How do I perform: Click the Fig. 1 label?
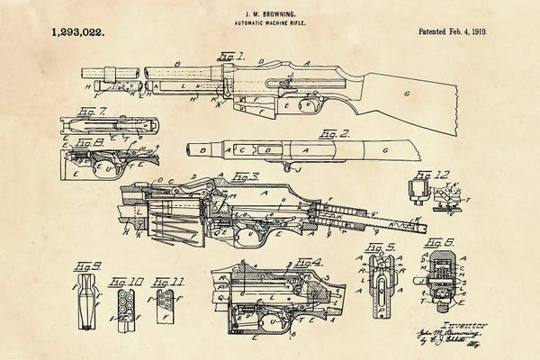(230, 56)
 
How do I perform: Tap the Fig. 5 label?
(382, 247)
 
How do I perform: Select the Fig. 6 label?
(438, 243)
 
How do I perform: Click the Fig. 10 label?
(124, 282)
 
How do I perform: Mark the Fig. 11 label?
(166, 282)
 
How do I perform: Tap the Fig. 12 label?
(436, 175)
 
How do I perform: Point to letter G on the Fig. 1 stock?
(406, 93)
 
